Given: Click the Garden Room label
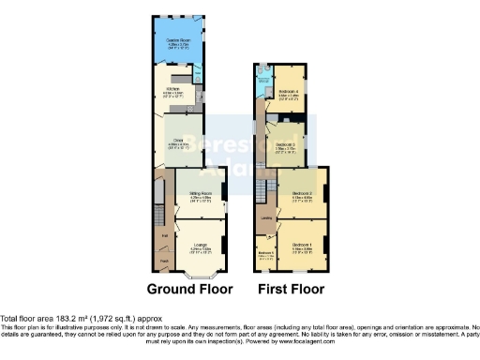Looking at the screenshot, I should click(179, 40).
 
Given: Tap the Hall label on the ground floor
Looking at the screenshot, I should click(163, 236).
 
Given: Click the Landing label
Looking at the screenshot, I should click(266, 219).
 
